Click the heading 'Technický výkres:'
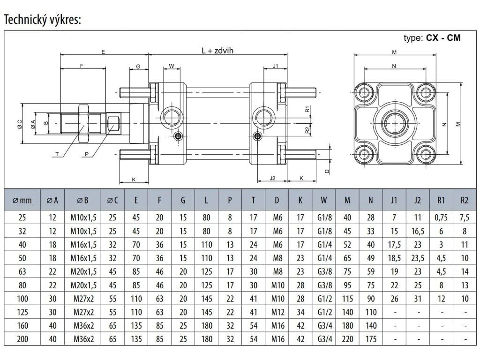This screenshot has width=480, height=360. (x=43, y=20)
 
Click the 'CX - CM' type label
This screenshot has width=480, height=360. (x=443, y=37)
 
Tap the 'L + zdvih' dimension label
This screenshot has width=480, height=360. (x=217, y=51)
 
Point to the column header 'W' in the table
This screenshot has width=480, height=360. (x=323, y=200)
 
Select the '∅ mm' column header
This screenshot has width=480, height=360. (x=22, y=201)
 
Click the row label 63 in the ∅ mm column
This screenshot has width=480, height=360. (x=22, y=271)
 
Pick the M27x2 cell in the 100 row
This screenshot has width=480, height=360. (x=83, y=299)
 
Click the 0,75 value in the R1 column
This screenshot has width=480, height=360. (x=441, y=217)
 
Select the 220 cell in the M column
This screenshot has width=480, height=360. (x=347, y=339)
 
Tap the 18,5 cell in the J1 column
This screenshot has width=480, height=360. (x=394, y=258)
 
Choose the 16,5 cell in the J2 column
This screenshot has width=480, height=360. (x=418, y=231)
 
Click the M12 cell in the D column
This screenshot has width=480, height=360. (x=277, y=312)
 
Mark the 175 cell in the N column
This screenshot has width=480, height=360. (x=371, y=339)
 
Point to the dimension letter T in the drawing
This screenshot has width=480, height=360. (x=57, y=154)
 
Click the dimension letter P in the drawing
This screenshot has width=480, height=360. (x=87, y=154)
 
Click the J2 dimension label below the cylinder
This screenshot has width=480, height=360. (x=272, y=178)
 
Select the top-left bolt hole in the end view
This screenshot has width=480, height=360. (x=364, y=92)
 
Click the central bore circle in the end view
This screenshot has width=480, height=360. (x=395, y=123)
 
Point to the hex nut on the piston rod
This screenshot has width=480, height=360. (x=83, y=123)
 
